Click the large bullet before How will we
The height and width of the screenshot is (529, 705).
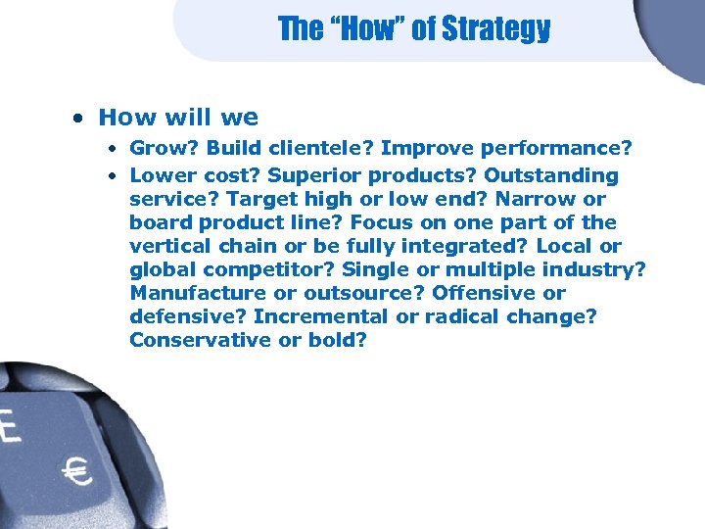coord(77,119)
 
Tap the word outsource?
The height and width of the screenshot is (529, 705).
coord(352,293)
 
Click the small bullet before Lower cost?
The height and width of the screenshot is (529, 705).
coord(114,176)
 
